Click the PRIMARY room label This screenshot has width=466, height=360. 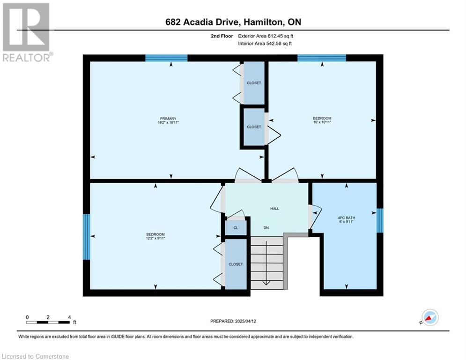click(x=168, y=119)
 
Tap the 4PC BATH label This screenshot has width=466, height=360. click(x=347, y=218)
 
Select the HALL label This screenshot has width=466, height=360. click(x=274, y=209)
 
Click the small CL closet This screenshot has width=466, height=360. click(x=236, y=228)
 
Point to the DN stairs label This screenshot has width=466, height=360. click(x=266, y=228)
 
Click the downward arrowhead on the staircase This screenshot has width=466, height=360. click(x=266, y=283)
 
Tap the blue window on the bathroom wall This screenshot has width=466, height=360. click(x=380, y=220)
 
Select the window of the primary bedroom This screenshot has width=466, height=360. click(x=166, y=58)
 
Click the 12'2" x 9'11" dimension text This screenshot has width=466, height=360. click(x=155, y=238)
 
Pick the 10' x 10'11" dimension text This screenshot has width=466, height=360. click(x=322, y=122)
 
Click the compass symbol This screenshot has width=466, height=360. click(x=430, y=317)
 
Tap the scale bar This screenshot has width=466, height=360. click(x=48, y=322)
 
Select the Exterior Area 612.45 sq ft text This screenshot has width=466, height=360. click(x=266, y=36)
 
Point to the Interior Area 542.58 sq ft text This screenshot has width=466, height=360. click(x=265, y=44)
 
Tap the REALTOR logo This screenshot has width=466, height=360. click(x=27, y=32)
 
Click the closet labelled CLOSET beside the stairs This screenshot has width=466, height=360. click(x=236, y=264)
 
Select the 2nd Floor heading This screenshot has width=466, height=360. click(x=222, y=36)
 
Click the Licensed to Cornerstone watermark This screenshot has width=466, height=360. click(x=35, y=356)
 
